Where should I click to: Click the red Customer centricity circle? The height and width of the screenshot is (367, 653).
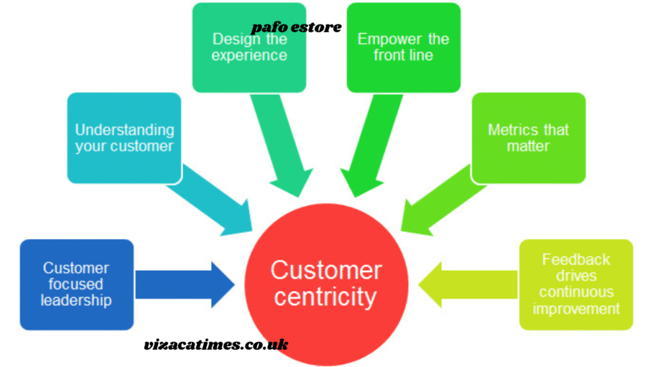coord(326,284)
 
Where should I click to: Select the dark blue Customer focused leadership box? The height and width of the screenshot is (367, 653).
coord(77,284)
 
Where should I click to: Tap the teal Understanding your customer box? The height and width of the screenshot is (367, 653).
coord(124,138)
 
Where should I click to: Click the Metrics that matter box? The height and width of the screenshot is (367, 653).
coord(528,138)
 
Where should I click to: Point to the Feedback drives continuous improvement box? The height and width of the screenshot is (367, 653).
coord(576,284)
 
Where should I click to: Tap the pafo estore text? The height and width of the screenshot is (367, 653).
coord(296,27)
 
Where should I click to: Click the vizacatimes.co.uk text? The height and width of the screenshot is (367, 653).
coord(216,345)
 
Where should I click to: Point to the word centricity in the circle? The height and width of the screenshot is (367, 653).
coord(326,297)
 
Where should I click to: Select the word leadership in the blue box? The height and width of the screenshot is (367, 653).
coord(76,299)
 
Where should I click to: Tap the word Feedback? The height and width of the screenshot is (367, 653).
coord(576,259)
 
